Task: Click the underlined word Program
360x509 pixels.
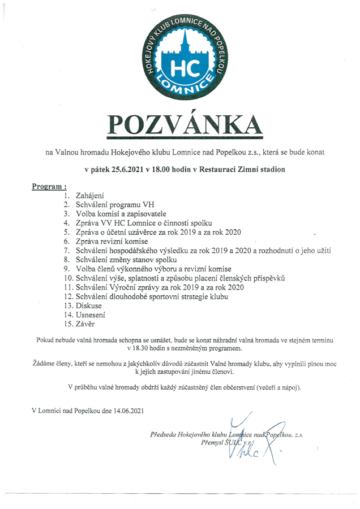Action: pos(48,186)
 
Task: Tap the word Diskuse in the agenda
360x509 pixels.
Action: pos(89,306)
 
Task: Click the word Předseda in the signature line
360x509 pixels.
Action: pos(165,434)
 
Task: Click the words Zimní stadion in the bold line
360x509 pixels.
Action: pos(258,169)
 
